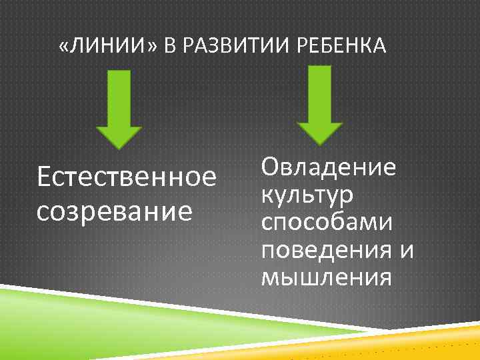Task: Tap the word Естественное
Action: (127, 178)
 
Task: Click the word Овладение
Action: (329, 167)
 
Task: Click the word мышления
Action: (326, 277)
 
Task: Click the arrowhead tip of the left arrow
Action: (119, 147)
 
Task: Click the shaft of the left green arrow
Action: (119, 93)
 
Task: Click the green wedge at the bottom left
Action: (100, 313)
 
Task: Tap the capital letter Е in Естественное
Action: (45, 178)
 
